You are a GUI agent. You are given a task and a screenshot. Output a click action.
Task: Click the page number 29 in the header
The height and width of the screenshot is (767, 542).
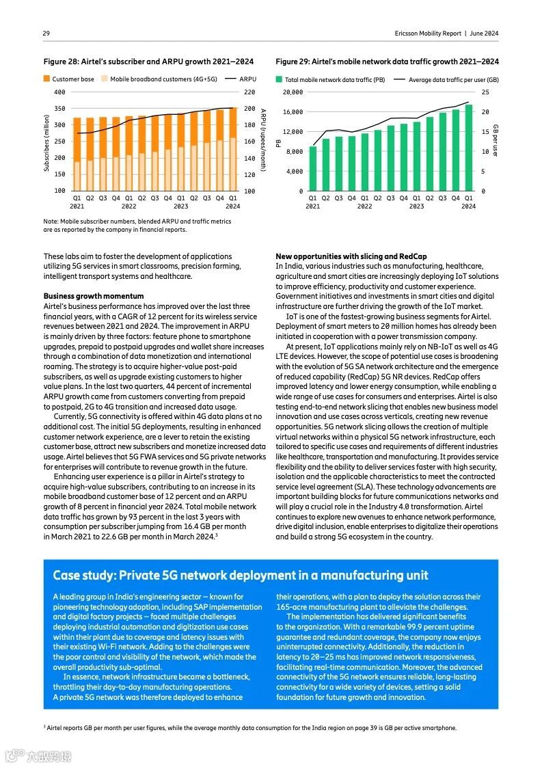[46, 33]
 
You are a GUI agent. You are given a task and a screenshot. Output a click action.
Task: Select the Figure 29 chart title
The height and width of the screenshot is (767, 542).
[387, 62]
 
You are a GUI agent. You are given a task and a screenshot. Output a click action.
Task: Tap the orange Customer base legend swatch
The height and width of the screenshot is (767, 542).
[47, 79]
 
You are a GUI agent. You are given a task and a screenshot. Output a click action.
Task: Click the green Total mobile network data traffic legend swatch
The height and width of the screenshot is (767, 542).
[279, 80]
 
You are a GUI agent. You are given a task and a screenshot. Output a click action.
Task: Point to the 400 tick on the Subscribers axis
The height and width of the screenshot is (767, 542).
[59, 92]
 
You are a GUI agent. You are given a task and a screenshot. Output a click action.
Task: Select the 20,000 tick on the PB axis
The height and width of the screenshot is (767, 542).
[293, 92]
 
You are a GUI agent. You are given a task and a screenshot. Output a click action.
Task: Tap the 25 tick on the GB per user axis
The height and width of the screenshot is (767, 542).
[485, 92]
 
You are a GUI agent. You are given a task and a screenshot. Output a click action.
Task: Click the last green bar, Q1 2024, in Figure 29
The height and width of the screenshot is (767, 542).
[469, 148]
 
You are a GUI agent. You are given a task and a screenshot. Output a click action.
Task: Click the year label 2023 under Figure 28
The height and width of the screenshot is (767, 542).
[180, 206]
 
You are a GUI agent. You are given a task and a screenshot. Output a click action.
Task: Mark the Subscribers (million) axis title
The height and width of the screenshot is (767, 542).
[46, 142]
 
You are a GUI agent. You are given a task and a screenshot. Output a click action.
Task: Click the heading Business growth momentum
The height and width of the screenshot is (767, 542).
[94, 296]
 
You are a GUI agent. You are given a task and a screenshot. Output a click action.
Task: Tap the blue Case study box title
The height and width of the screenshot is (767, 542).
[241, 575]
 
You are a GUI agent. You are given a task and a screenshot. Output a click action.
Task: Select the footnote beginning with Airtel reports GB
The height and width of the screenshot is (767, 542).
[249, 728]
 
